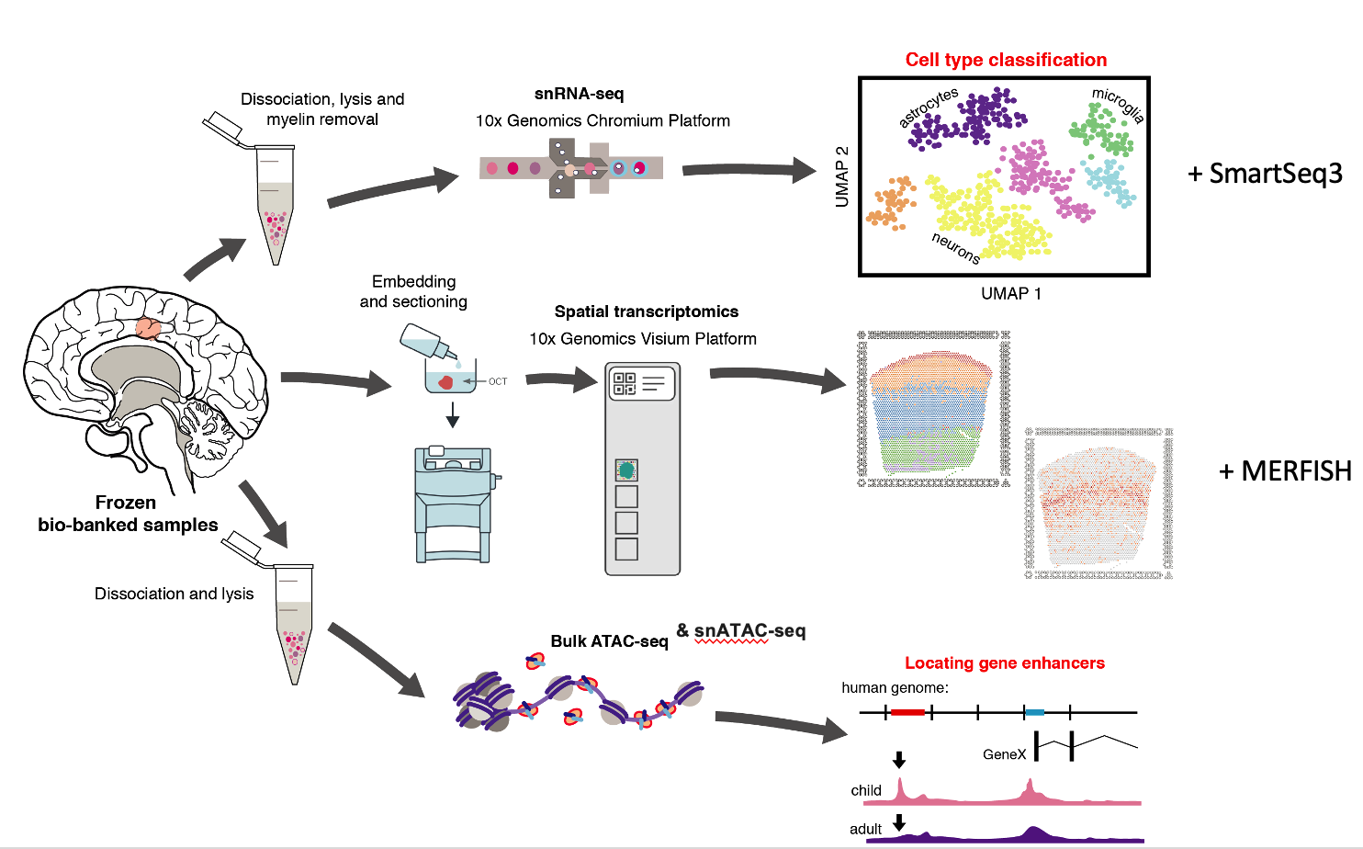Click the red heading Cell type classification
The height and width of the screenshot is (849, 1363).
tap(1006, 60)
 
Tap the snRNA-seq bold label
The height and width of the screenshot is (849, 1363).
tap(579, 94)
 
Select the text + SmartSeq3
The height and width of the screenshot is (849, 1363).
tap(1265, 173)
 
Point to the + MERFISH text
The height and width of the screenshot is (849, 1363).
tap(1285, 471)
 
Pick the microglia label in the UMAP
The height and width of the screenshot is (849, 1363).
tap(1118, 105)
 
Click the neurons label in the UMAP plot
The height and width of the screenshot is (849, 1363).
tap(955, 247)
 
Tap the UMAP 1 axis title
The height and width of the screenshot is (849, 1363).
tap(1010, 294)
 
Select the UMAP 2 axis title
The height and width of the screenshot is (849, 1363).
tap(842, 176)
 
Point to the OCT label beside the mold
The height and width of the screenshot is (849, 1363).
tap(498, 381)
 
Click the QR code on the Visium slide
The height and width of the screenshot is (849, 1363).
tap(625, 383)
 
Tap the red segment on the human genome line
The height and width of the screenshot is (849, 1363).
tap(907, 712)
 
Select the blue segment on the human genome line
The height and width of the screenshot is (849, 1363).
tap(1035, 712)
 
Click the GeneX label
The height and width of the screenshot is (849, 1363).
tap(1004, 754)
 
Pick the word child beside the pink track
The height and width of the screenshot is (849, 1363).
tap(866, 790)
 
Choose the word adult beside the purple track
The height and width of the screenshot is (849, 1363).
tap(865, 829)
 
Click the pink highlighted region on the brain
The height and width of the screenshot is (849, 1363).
tap(148, 327)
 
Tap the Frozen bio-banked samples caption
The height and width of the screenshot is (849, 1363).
tap(128, 514)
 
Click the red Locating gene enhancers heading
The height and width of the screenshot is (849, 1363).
tap(1004, 663)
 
